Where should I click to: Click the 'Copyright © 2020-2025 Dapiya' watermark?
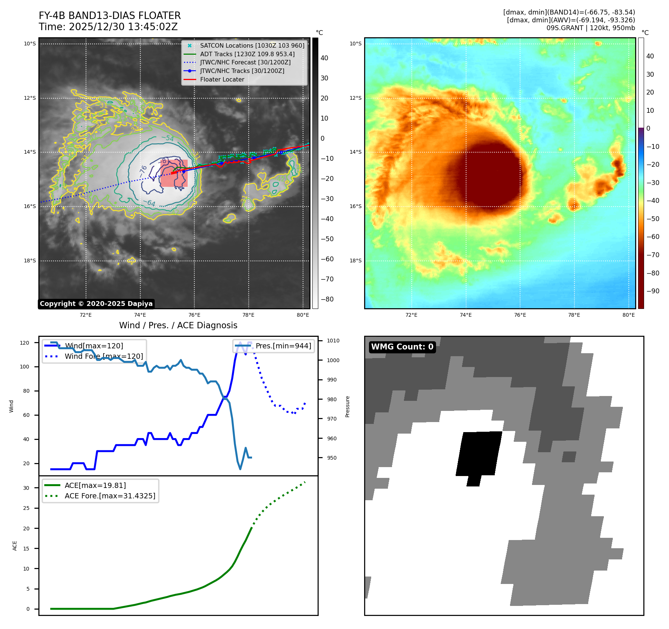click(96, 304)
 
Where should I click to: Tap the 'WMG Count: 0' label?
click(402, 347)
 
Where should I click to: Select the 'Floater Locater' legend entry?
click(222, 80)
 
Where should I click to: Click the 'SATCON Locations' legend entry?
click(252, 46)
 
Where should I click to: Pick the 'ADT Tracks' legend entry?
click(247, 54)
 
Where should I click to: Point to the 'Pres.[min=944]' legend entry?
click(283, 346)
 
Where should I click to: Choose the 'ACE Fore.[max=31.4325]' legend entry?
click(110, 496)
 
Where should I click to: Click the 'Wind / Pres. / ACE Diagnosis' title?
click(178, 325)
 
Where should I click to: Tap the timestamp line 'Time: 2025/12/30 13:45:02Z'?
click(108, 27)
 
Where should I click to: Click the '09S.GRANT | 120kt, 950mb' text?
click(590, 28)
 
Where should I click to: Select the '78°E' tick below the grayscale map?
click(248, 315)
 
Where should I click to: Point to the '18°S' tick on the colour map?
click(355, 261)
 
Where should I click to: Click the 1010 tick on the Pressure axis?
click(333, 341)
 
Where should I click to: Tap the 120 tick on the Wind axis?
click(25, 343)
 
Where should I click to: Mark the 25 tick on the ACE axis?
click(26, 508)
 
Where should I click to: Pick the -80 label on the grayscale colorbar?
click(327, 299)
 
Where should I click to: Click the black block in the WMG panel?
click(479, 454)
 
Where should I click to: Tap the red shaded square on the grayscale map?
click(174, 173)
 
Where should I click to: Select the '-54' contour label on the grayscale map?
click(168, 138)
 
